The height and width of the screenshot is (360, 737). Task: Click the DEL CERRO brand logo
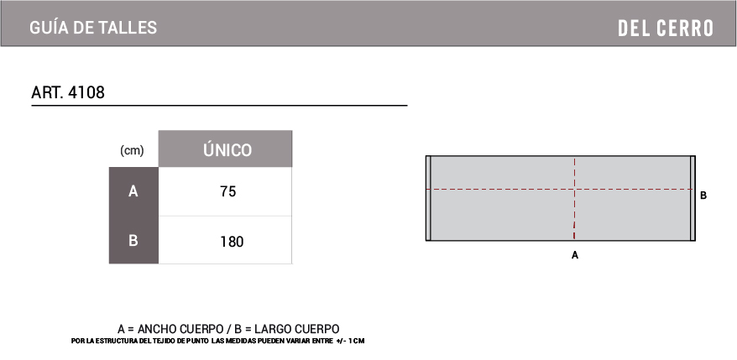point(666,29)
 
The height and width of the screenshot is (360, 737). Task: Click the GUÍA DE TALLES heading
point(93,28)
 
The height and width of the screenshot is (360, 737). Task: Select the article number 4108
point(86,92)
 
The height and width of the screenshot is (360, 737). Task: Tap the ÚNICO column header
point(227,150)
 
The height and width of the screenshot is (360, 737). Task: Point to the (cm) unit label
point(132,151)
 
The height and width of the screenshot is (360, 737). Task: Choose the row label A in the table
point(133,192)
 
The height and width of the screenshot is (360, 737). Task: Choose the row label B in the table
point(133,241)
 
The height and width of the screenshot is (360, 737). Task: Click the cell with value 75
point(228,192)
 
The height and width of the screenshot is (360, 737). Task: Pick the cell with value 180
point(232,242)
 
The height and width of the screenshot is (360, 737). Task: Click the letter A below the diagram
point(574,255)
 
